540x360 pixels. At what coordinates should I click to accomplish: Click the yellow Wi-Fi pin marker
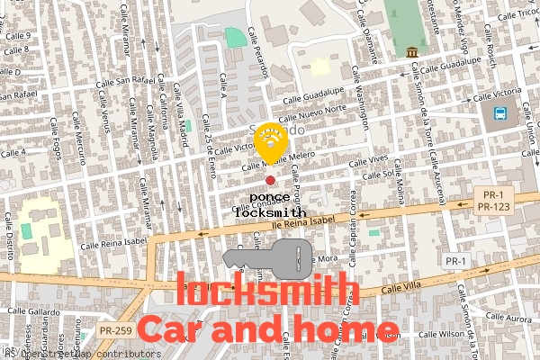271,142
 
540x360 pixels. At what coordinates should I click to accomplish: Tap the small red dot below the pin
270,181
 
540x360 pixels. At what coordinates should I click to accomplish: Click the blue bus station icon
499,114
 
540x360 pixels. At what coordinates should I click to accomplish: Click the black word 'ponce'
269,197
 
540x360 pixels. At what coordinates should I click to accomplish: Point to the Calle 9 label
17,36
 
